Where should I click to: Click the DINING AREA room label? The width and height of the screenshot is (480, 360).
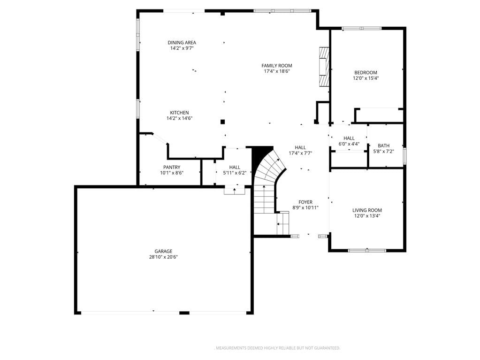pos(182,43)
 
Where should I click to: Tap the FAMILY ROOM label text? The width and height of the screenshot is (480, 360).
pos(277,66)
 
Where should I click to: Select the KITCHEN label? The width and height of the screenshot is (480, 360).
pos(179,113)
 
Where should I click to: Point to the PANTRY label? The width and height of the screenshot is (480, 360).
pos(172,167)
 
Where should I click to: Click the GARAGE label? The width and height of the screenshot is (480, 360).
pos(163,251)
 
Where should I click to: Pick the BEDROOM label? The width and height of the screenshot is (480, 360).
pos(366,73)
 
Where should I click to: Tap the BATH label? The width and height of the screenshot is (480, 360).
pos(383,146)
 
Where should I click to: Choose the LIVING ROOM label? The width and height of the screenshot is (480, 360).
pos(367,210)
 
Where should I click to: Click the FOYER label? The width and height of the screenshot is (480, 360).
pos(305,202)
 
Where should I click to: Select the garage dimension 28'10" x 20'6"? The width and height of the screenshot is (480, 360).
pos(163,257)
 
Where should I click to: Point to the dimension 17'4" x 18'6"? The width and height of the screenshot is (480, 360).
pos(277,71)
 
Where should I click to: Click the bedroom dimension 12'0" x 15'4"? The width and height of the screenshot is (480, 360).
pos(366,78)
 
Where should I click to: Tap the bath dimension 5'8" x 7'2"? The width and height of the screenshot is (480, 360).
pos(383,151)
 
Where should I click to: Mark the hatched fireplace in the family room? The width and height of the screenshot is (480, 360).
pos(324,66)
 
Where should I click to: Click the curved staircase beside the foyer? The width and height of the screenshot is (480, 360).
pos(269,184)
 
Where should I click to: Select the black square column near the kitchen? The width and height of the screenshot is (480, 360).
pos(222,122)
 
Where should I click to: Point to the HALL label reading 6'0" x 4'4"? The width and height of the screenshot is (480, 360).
pos(349,141)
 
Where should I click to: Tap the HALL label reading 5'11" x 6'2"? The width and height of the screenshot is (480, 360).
pos(235,170)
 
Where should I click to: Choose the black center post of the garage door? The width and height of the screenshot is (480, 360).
pos(184,313)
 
